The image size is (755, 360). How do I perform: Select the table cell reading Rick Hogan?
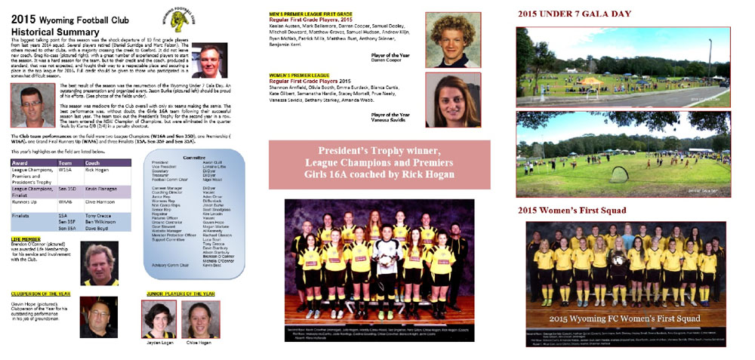point(97,169)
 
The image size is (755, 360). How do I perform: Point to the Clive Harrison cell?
point(102,202)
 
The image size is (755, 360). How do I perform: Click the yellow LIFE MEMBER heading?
point(26,238)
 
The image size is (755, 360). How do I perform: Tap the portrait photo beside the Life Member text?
point(99,262)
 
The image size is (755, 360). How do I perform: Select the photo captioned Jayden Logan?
point(159,318)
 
